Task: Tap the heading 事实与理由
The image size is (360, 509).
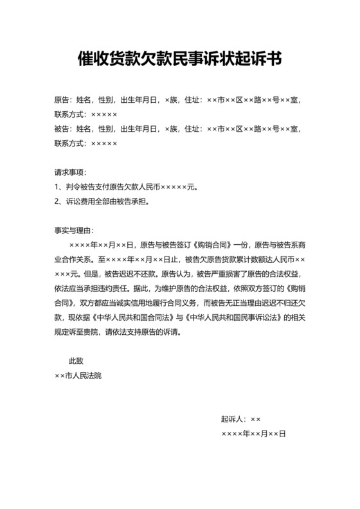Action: [73, 230]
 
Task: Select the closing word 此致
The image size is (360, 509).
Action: [77, 361]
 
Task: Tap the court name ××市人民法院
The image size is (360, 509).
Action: [78, 376]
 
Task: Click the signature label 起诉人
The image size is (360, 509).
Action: [233, 418]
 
